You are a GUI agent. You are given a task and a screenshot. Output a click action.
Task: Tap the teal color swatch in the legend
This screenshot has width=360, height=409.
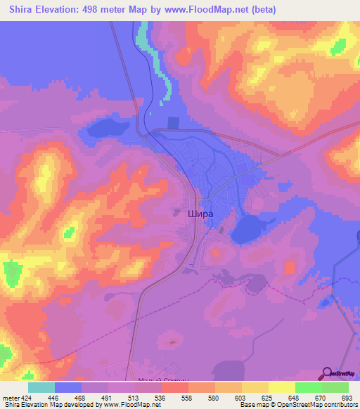coord(41,387)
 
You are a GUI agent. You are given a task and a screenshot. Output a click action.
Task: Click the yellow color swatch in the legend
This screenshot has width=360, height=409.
coord(281,387)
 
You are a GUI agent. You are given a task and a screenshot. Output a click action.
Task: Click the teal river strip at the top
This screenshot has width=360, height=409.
coord(144,39)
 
